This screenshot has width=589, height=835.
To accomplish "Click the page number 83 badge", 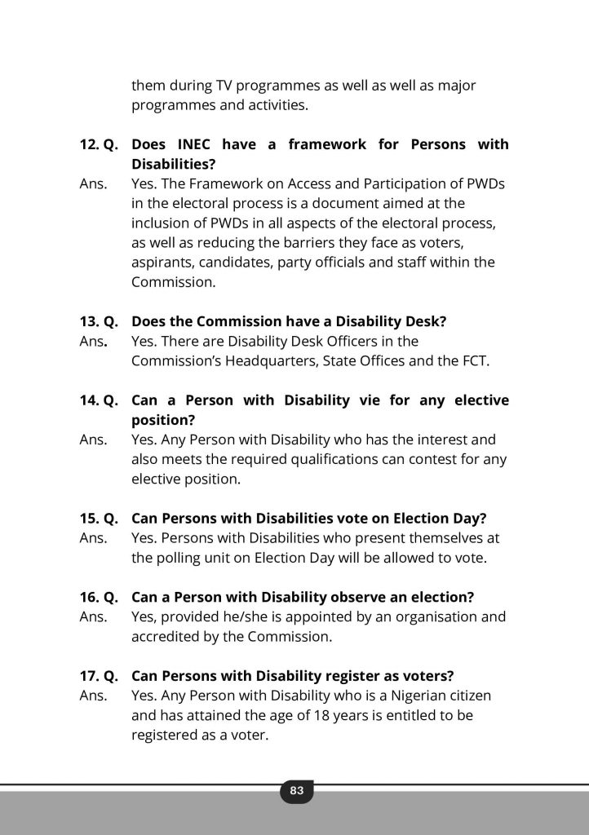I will coord(296,790).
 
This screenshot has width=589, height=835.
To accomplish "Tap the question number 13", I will coord(89,321).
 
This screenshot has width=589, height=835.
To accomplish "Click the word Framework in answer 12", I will coord(222,184).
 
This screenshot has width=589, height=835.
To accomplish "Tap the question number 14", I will coord(89,400).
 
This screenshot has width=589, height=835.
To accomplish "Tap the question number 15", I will coord(89,519).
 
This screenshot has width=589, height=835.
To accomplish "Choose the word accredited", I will coord(165,637).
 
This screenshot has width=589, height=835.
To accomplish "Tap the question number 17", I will coord(89,676).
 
